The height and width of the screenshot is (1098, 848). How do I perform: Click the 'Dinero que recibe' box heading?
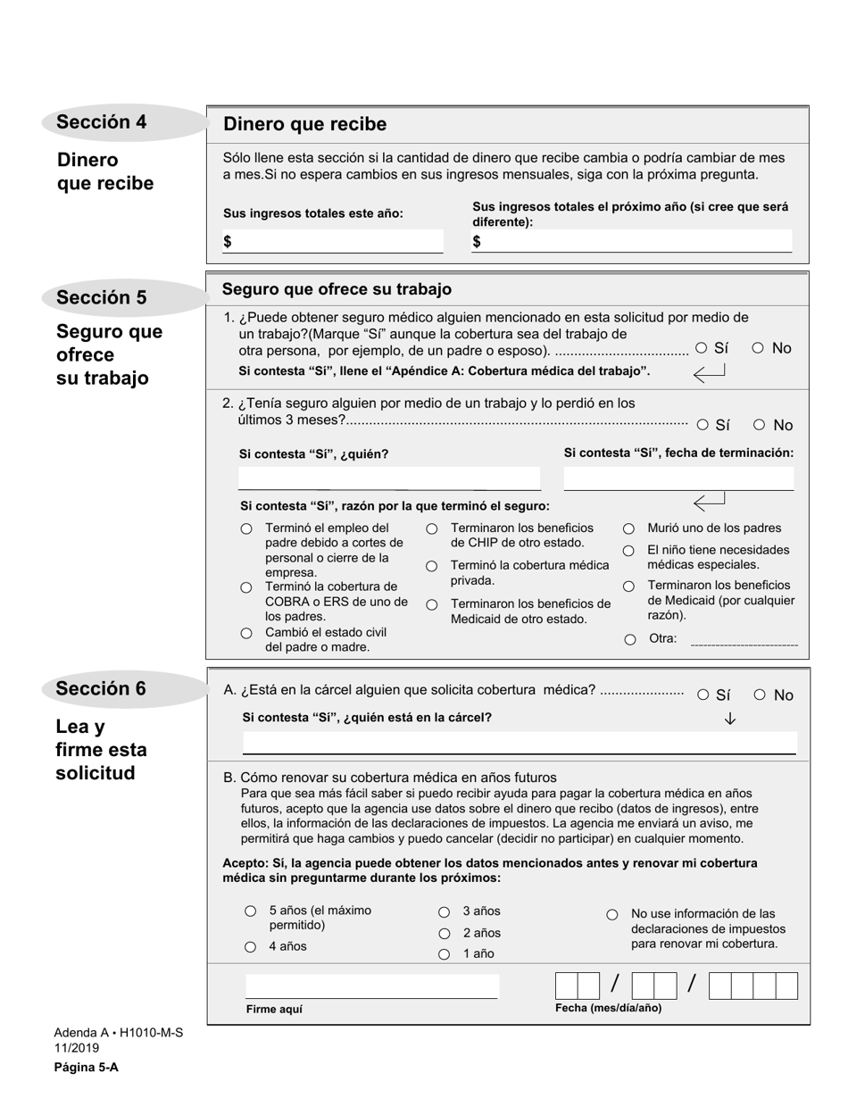304,124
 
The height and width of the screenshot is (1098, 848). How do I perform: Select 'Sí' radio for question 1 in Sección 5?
702,348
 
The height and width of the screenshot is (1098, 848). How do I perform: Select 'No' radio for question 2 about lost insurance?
759,425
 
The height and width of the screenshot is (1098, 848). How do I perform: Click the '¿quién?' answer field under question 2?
389,478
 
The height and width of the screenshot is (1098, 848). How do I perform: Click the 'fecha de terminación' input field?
678,478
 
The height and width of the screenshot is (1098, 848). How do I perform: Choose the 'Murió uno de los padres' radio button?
629,528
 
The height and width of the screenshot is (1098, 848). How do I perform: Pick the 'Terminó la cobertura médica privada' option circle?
432,566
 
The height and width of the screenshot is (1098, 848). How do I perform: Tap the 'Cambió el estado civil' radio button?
246,633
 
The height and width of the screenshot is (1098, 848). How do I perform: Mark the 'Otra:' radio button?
630,639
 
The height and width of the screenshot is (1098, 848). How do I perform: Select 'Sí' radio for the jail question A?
703,695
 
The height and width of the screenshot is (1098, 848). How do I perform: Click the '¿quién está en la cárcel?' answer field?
519,744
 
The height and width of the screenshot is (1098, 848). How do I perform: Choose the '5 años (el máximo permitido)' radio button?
251,911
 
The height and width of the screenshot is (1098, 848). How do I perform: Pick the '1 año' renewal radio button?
444,954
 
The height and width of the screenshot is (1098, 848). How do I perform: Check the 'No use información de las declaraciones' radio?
612,914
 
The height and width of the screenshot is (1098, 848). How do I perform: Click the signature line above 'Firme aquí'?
371,986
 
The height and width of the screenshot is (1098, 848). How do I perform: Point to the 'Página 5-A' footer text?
86,1067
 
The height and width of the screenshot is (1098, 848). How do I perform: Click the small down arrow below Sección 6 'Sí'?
730,719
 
